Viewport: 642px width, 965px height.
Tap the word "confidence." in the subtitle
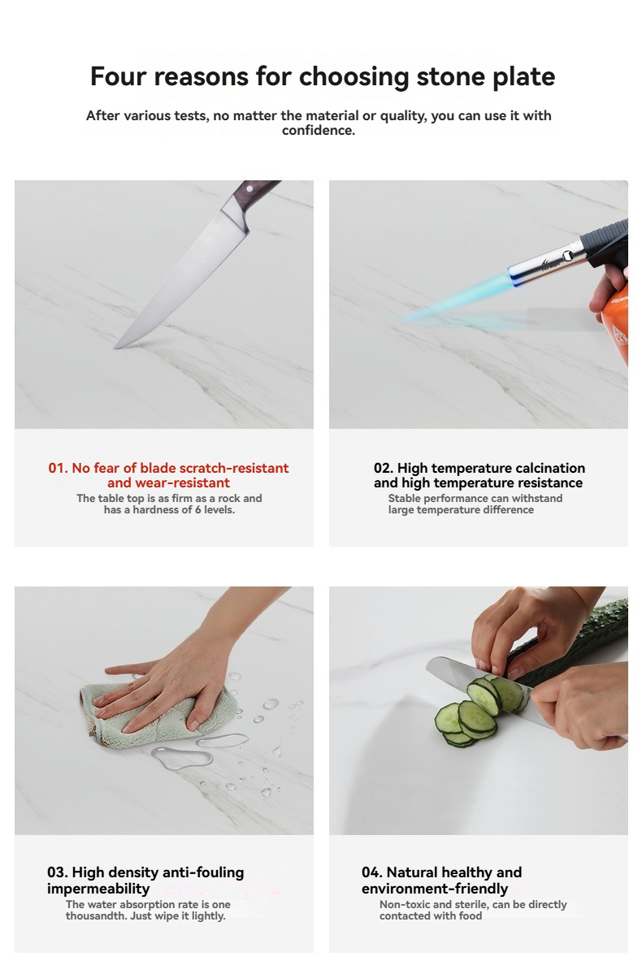click(x=319, y=131)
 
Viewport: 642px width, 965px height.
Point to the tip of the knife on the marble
click(x=116, y=348)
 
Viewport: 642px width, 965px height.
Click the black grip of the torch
click(x=607, y=243)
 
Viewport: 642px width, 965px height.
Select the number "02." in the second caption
click(x=384, y=469)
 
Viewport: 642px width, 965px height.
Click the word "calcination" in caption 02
click(x=549, y=469)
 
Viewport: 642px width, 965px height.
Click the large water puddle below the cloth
click(x=181, y=759)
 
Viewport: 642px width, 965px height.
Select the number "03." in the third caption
click(x=57, y=872)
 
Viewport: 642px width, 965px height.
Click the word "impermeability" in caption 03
click(x=98, y=889)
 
